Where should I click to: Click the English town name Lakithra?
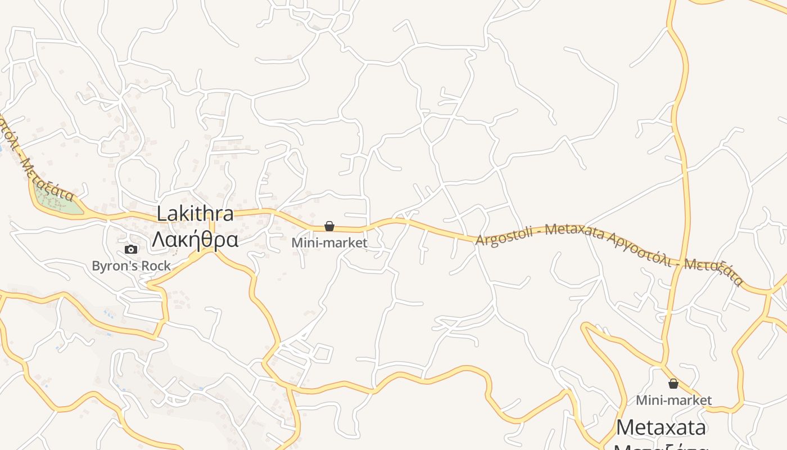(195, 214)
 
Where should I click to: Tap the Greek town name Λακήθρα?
(195, 239)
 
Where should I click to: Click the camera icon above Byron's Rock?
(130, 249)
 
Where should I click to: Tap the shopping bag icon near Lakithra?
(329, 226)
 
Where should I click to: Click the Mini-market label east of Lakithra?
(329, 242)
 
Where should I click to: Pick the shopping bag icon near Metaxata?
(673, 384)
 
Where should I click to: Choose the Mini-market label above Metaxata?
(673, 400)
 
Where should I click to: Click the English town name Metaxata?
(661, 427)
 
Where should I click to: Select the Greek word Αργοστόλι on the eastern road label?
(639, 249)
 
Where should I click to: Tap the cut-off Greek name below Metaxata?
(661, 447)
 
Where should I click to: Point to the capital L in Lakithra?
(162, 214)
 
